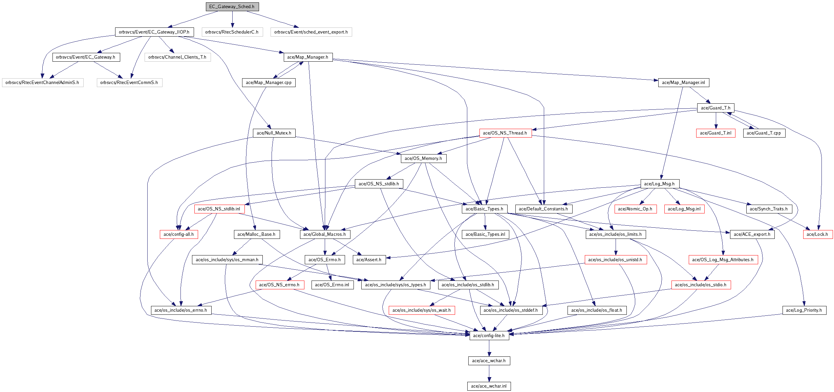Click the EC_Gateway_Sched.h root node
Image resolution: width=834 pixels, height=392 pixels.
(232, 6)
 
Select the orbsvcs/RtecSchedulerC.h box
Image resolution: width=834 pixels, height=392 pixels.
(232, 32)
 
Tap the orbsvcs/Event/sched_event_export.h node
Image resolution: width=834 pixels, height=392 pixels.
(311, 32)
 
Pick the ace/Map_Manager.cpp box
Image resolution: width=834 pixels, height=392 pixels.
(269, 82)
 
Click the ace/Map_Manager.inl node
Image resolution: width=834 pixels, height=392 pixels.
(684, 82)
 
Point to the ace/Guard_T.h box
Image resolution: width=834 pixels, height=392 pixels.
(716, 108)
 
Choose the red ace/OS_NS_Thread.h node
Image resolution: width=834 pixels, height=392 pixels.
(505, 133)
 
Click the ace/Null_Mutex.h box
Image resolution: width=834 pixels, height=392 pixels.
(274, 133)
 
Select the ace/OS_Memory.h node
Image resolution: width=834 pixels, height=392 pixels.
(424, 158)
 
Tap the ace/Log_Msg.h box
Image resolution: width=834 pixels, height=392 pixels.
(660, 184)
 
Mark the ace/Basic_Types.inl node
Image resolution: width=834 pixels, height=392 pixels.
(486, 234)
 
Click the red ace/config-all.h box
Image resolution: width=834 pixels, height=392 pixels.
(179, 234)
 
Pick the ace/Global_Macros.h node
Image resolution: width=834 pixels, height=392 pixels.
(325, 234)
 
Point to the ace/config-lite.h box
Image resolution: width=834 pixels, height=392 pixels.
(489, 335)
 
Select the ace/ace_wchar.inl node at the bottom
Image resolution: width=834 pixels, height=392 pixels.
(489, 386)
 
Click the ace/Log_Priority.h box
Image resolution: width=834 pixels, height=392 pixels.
(804, 310)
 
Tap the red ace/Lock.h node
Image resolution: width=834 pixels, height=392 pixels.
(817, 234)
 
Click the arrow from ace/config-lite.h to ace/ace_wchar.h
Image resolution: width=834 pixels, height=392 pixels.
(489, 348)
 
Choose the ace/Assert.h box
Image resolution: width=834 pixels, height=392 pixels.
(369, 260)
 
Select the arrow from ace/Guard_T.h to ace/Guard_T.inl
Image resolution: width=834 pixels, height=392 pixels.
(716, 121)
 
